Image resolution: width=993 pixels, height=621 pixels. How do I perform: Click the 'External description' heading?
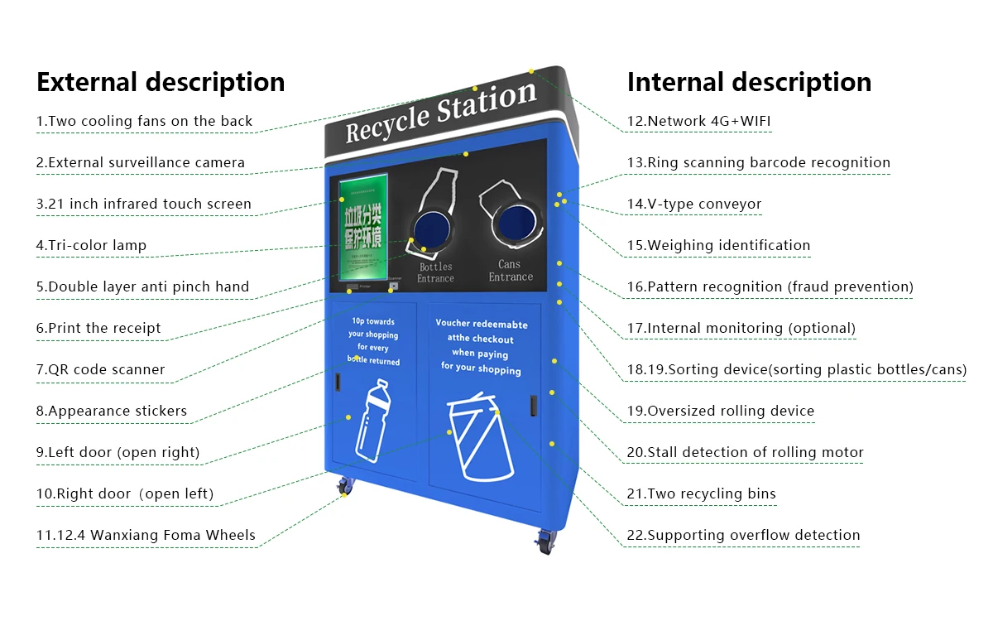[x=161, y=82]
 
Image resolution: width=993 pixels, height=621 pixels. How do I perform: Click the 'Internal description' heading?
[x=749, y=82]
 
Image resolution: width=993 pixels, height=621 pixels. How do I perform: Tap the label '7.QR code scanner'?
[x=100, y=369]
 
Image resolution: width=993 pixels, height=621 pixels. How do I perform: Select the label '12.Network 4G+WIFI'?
[x=698, y=121]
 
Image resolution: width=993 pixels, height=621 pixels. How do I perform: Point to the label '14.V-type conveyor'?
[x=693, y=204]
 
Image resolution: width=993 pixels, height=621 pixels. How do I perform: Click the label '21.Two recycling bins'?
[x=701, y=493]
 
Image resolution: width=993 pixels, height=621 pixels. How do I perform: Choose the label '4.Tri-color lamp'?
[x=91, y=245]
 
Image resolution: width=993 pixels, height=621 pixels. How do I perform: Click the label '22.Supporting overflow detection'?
[x=743, y=535]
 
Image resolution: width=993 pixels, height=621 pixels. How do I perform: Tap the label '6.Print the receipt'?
[x=98, y=328]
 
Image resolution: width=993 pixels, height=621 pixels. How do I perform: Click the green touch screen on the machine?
[x=363, y=224]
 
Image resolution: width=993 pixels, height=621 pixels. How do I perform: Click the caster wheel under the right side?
[x=545, y=542]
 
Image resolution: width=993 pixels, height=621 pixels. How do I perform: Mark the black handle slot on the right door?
[x=534, y=404]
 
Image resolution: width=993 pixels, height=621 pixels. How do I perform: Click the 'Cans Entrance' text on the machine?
[x=510, y=271]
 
